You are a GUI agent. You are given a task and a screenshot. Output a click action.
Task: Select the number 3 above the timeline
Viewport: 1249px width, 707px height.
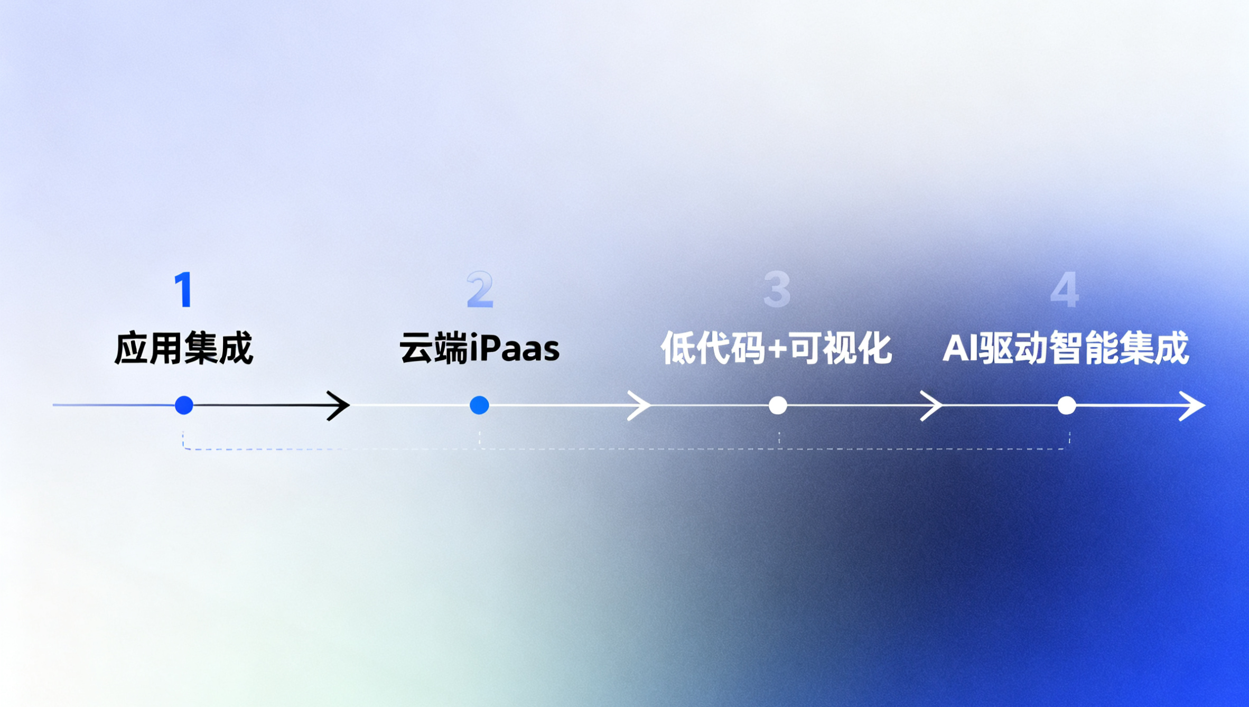(777, 290)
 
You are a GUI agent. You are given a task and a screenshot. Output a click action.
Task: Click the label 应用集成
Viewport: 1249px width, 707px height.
(184, 348)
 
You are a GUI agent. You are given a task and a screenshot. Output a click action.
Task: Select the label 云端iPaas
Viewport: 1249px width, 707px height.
(479, 348)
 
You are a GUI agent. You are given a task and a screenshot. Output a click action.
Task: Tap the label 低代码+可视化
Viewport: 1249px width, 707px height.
(776, 348)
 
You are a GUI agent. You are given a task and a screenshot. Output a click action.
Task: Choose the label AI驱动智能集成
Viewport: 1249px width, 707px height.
(1065, 348)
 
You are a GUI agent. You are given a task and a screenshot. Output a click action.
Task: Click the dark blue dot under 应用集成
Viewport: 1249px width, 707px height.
(184, 405)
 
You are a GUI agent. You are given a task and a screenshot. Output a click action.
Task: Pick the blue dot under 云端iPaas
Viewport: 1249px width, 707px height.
(479, 405)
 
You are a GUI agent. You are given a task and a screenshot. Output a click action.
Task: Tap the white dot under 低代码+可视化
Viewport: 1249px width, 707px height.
(778, 405)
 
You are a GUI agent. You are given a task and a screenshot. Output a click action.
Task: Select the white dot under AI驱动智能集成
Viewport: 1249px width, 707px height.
(1067, 405)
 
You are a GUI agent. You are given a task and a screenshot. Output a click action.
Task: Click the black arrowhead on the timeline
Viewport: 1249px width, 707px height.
(339, 405)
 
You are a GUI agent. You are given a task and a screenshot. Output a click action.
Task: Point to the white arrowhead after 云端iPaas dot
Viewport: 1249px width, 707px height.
(640, 405)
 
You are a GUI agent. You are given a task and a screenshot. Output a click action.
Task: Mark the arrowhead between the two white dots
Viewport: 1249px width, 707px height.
(932, 405)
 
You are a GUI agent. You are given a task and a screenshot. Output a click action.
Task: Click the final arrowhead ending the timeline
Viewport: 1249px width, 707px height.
(1194, 405)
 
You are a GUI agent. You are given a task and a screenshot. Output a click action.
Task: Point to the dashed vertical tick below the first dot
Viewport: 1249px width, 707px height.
(183, 440)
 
